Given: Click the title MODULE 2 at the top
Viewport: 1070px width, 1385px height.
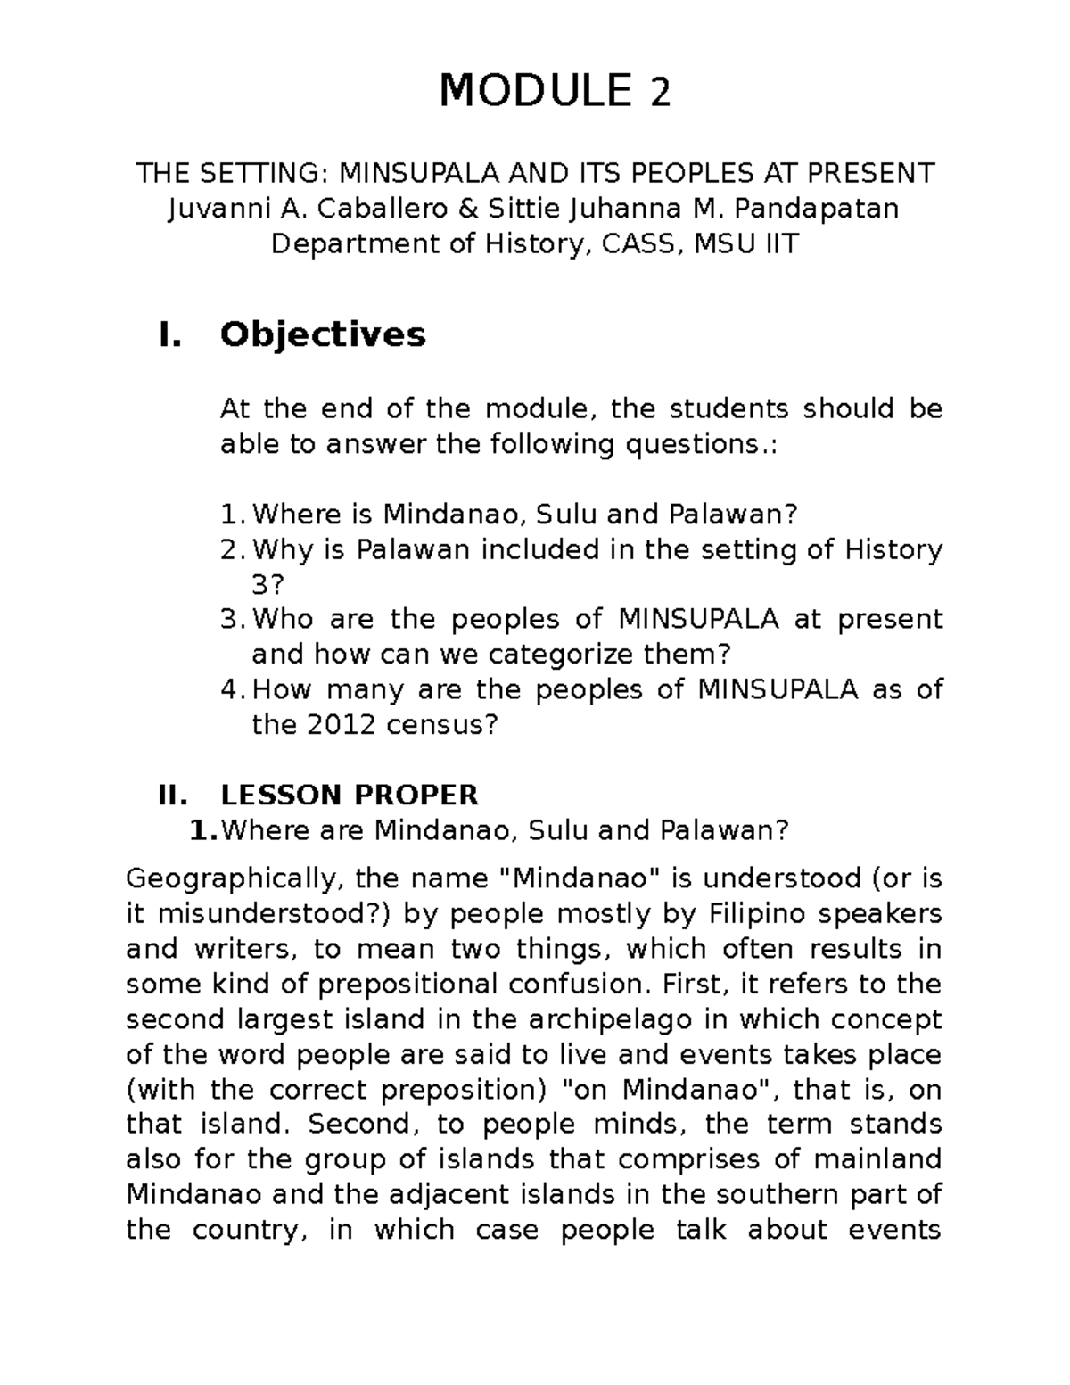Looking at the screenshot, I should click(554, 92).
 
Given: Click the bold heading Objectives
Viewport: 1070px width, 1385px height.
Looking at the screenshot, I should click(323, 334).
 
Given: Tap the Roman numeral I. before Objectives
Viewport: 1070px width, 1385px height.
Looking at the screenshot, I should click(169, 334).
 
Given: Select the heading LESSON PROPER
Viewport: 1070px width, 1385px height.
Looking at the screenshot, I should click(350, 794).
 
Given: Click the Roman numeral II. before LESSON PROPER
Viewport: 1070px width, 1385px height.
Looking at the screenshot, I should click(172, 794).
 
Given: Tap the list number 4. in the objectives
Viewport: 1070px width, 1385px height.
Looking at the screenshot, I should click(231, 689).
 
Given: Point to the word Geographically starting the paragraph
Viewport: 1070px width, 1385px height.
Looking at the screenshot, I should click(233, 878).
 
